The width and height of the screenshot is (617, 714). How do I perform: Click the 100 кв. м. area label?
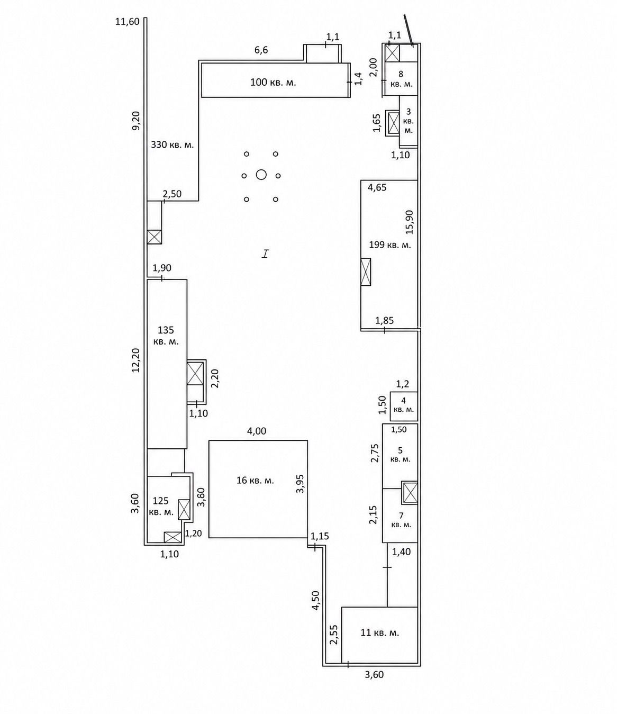pyautogui.click(x=273, y=83)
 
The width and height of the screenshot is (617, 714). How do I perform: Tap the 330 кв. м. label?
pyautogui.click(x=173, y=144)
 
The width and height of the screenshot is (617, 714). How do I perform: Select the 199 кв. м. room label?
pyautogui.click(x=390, y=245)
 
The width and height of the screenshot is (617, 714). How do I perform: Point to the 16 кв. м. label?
pyautogui.click(x=255, y=481)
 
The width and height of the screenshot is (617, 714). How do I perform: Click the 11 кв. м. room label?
pyautogui.click(x=380, y=633)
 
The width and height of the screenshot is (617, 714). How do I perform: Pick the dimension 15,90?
pyautogui.click(x=410, y=222)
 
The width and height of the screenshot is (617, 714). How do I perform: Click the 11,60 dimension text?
pyautogui.click(x=128, y=22)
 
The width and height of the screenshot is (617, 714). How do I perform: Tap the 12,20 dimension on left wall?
pyautogui.click(x=135, y=360)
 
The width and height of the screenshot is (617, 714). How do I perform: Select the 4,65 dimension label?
pyautogui.click(x=377, y=187)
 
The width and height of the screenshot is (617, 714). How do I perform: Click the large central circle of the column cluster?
pyautogui.click(x=261, y=175)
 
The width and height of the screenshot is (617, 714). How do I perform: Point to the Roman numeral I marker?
pyautogui.click(x=265, y=254)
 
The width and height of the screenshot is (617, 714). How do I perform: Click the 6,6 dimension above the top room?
pyautogui.click(x=261, y=50)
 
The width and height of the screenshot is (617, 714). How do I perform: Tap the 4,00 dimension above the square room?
pyautogui.click(x=257, y=431)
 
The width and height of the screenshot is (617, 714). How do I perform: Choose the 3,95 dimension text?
pyautogui.click(x=300, y=483)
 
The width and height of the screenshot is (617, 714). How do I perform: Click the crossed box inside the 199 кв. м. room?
pyautogui.click(x=366, y=272)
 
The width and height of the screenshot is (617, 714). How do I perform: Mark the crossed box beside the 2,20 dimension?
pyautogui.click(x=195, y=373)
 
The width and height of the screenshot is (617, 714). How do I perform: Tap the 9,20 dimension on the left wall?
pyautogui.click(x=137, y=120)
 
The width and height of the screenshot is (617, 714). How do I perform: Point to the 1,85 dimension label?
pyautogui.click(x=384, y=321)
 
